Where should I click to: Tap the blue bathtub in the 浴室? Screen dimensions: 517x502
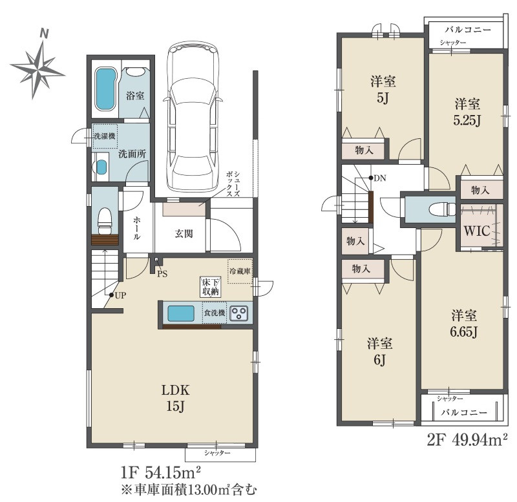tap(105, 90)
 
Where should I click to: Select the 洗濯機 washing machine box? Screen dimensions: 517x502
tap(105, 136)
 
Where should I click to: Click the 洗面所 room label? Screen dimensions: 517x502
tap(132, 154)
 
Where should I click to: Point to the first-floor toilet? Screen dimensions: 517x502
tap(105, 220)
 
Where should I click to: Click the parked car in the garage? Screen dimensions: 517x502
tap(193, 116)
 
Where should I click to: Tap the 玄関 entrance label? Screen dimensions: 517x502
tap(184, 234)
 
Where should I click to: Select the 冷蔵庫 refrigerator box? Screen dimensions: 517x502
tap(240, 271)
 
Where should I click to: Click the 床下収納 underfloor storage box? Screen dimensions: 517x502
tap(211, 286)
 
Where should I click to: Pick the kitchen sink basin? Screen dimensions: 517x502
tap(181, 313)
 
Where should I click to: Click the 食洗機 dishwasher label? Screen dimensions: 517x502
tap(215, 313)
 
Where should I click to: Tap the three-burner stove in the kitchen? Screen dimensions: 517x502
tap(239, 313)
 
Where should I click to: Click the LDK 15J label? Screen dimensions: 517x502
tap(175, 398)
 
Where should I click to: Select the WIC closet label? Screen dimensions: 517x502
tap(477, 231)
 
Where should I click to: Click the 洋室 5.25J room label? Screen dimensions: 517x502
tap(467, 112)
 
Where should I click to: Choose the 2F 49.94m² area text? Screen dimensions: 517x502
tap(467, 440)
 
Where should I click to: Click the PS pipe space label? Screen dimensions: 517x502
tap(162, 273)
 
